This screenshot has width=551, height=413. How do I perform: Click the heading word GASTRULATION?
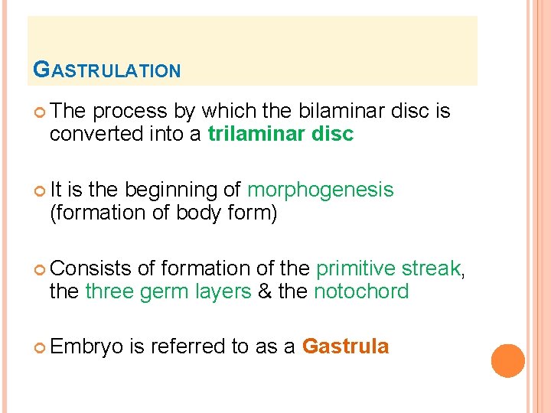tap(107, 70)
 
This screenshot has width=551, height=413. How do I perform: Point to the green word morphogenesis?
tap(320, 190)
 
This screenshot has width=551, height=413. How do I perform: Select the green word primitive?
tap(349, 268)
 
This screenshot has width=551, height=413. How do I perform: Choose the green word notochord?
tap(361, 291)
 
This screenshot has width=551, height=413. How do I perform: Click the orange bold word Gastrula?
tap(345, 347)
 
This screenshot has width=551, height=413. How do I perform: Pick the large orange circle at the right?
tap(507, 360)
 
